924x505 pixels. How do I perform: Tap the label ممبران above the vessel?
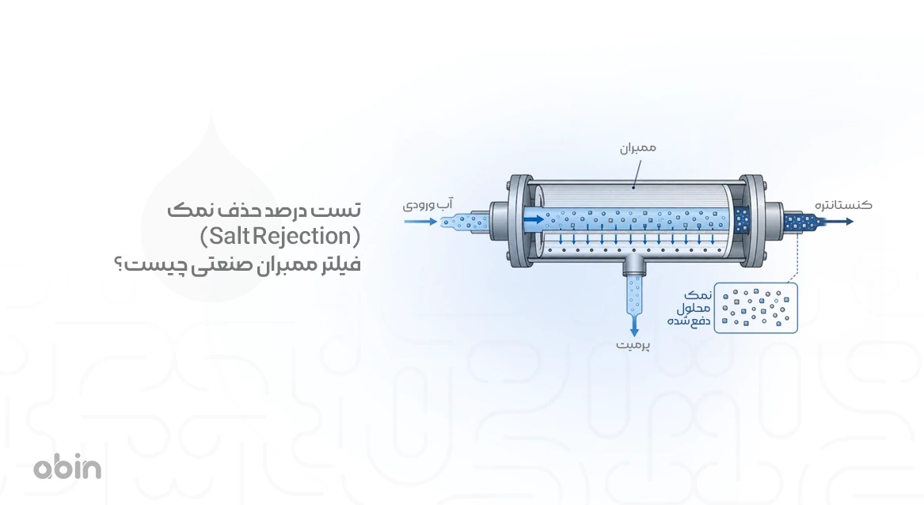[637, 148]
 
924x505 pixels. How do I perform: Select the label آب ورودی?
[428, 204]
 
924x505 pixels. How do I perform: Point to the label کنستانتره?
[843, 205]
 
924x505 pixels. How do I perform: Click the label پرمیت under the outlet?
[633, 345]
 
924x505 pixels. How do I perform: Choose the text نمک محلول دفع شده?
[690, 308]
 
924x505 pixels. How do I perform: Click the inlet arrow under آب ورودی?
[420, 222]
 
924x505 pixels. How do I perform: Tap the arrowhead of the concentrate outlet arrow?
[849, 222]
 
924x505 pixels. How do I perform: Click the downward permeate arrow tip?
[634, 333]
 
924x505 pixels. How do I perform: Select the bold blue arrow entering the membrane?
[534, 220]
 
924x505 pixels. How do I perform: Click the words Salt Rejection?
[280, 237]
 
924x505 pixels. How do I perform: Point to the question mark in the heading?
[119, 264]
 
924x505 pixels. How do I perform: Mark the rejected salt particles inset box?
[755, 308]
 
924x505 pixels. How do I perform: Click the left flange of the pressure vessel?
[519, 221]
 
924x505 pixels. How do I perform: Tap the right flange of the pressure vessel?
[752, 221]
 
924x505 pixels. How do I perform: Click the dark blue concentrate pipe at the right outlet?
[800, 222]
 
